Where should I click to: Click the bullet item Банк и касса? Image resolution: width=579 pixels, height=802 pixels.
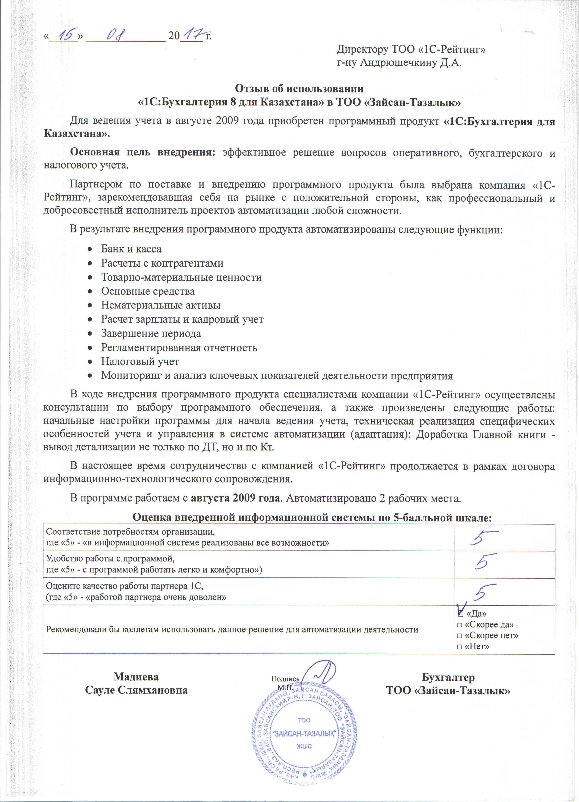click(131, 249)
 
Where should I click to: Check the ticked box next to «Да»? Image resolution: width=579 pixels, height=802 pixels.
click(460, 613)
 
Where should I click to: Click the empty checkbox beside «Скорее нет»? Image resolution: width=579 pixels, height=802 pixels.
click(460, 635)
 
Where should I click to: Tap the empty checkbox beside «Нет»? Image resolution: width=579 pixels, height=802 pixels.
click(460, 646)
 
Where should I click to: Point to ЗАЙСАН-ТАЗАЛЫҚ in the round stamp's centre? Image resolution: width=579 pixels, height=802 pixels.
click(304, 734)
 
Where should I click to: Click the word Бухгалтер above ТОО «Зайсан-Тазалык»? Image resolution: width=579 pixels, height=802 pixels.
click(448, 677)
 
